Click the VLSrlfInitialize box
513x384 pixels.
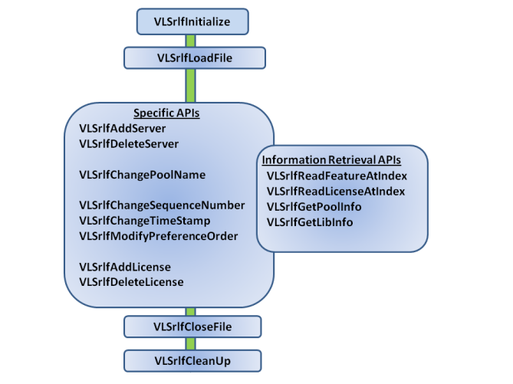tap(192, 22)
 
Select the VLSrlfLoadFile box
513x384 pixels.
tap(194, 57)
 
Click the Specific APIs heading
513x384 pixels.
tap(167, 113)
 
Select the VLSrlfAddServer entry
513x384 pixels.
tap(122, 128)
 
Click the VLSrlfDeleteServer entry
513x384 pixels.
tap(128, 143)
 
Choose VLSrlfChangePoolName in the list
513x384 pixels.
tap(142, 174)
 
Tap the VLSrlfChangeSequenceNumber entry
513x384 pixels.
tap(162, 205)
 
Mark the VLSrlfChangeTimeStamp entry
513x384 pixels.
tap(145, 220)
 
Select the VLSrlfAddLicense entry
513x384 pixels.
tap(124, 267)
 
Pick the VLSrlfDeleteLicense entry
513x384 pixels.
tap(131, 281)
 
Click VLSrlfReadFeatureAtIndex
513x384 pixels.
tap(342, 176)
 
